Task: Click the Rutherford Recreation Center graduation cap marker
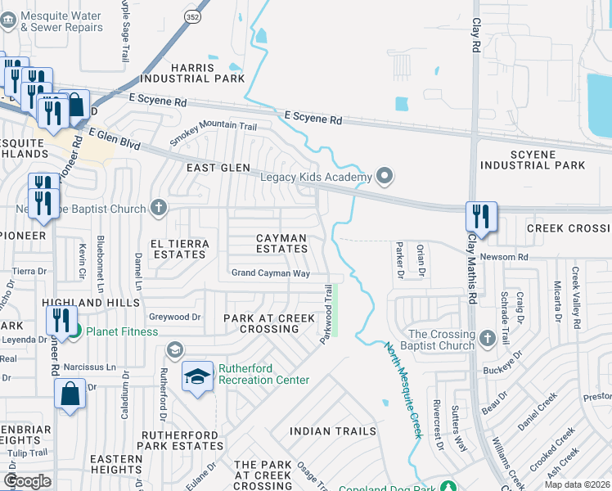[196, 377]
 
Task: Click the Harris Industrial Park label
[192, 74]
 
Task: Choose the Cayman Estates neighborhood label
[281, 243]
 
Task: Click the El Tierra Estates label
[178, 249]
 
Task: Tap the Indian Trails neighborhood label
[333, 430]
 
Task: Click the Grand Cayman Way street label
[271, 273]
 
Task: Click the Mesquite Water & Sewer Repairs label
[62, 22]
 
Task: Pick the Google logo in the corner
[27, 481]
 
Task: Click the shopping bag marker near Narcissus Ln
[70, 393]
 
